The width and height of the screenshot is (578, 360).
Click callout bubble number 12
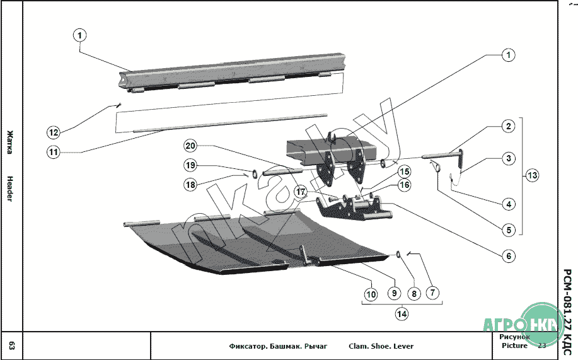[54, 132]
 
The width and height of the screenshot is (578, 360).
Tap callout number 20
[190, 146]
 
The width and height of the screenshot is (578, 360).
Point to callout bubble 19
[190, 165]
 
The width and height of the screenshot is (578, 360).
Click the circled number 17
[301, 192]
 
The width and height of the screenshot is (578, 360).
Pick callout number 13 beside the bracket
[533, 175]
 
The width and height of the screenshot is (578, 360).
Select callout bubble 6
[508, 257]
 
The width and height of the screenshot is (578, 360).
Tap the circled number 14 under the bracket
[401, 312]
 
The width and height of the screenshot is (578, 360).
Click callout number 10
[371, 293]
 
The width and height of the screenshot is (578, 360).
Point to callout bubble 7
[433, 293]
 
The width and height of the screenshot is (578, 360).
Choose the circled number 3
[508, 159]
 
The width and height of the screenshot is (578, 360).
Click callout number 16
[405, 185]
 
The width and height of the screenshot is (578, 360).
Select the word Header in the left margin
[10, 189]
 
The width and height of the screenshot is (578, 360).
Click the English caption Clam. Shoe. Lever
[381, 346]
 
